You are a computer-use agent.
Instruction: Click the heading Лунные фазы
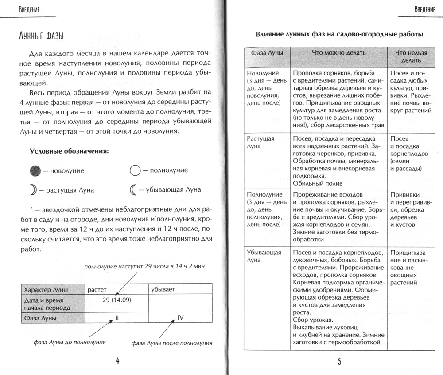pos(44,36)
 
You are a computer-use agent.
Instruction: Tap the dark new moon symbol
pos(36,170)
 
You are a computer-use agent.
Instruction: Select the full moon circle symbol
pos(135,170)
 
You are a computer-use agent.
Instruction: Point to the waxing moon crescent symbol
pos(35,190)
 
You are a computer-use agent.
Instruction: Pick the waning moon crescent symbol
pos(134,190)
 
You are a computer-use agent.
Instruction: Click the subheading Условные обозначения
pos(69,151)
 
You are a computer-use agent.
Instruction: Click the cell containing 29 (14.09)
pos(117,300)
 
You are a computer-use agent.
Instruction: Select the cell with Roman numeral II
pos(117,317)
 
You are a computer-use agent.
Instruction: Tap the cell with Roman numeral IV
pos(180,317)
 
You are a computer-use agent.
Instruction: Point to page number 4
pos(118,361)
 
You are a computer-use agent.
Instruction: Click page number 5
pos(339,361)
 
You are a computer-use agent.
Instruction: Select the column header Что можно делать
pos(339,52)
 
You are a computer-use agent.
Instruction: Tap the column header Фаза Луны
pos(267,52)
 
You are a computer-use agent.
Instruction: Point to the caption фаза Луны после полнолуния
pos(172,343)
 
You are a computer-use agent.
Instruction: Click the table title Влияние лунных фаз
pos(339,34)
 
